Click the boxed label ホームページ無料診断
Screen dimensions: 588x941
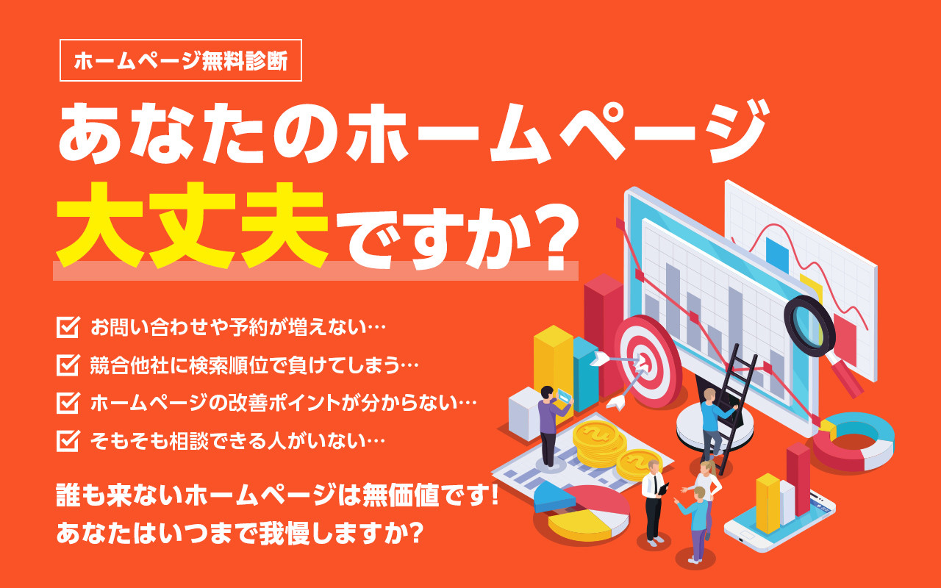pos(180,60)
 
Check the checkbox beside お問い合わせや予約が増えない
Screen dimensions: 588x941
pos(68,326)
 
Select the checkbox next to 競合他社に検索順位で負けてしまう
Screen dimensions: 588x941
pos(68,365)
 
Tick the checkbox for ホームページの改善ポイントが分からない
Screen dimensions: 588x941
pos(68,403)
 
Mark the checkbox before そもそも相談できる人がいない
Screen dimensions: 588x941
pos(68,440)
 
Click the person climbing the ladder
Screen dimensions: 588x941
pos(710,423)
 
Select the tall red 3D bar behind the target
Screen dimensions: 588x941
pos(604,331)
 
